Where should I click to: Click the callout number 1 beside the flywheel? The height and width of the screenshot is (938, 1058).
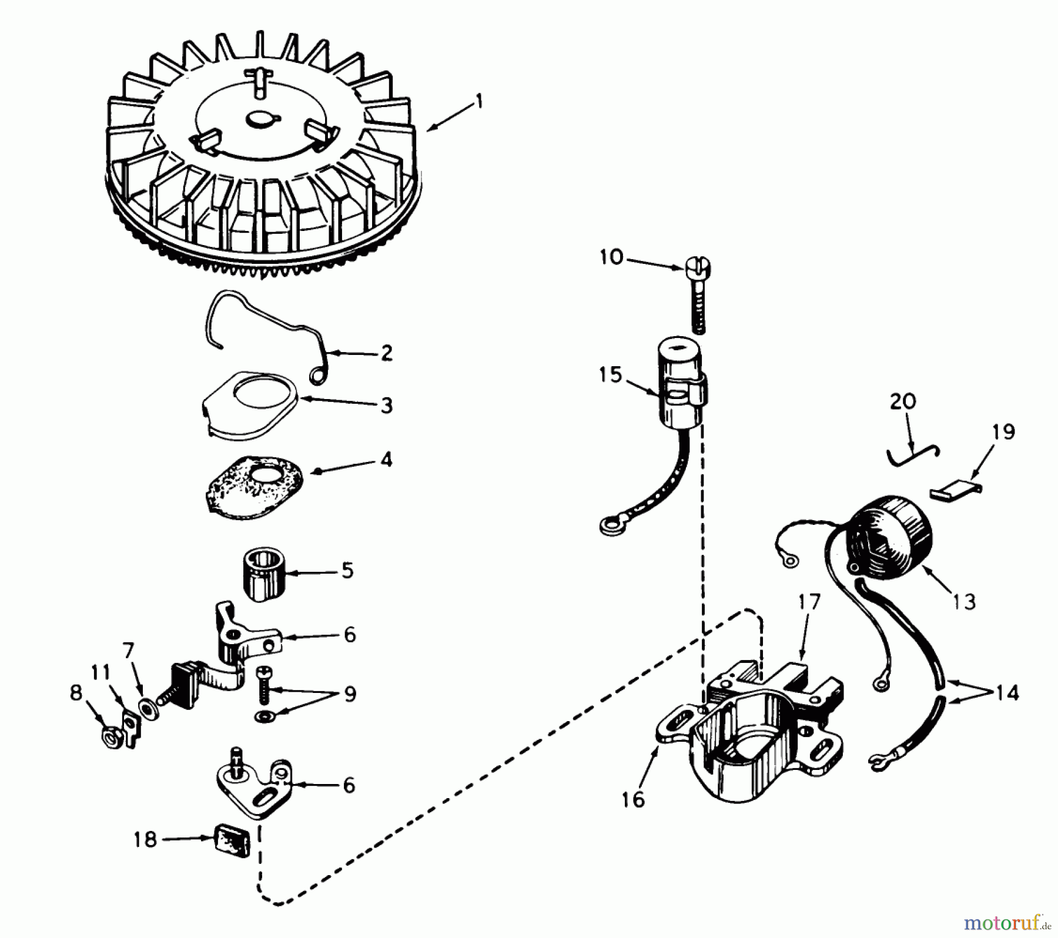479,103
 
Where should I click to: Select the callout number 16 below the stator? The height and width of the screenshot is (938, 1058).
633,799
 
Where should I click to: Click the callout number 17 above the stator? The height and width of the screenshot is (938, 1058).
809,602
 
